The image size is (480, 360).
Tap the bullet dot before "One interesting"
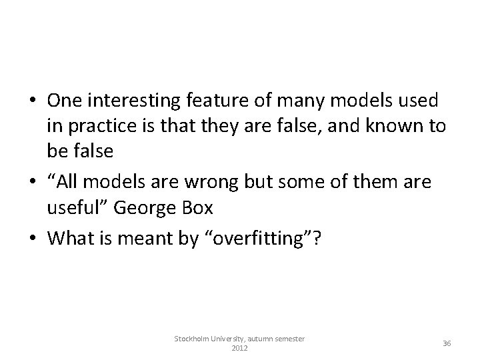tap(33, 101)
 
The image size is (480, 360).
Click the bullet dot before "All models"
tap(33, 183)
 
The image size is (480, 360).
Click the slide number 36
tap(447, 343)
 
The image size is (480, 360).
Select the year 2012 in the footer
tap(239, 348)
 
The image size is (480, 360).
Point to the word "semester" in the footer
tap(288, 339)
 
